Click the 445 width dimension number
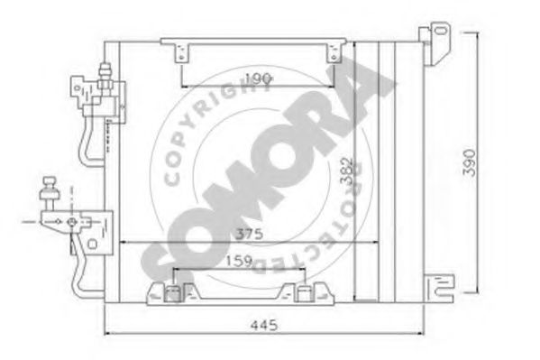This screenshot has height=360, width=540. (264, 325)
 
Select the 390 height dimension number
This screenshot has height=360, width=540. (470, 162)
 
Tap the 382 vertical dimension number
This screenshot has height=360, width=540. (347, 171)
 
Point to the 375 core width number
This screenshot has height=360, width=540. (249, 234)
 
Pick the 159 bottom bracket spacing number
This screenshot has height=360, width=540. (239, 261)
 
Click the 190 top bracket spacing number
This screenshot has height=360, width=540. (259, 79)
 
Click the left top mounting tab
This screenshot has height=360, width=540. (182, 53)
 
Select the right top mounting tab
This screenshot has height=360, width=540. (334, 53)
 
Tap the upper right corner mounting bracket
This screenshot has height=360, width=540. (435, 43)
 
